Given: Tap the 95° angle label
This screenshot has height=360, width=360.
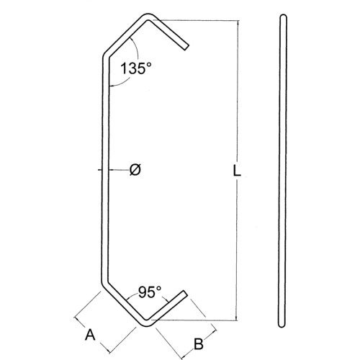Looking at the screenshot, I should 150,292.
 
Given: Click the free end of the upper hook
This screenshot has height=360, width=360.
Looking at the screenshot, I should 187,48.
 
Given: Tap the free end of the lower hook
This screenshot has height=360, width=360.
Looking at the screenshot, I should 186,292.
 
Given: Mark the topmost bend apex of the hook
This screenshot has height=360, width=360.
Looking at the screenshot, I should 149,16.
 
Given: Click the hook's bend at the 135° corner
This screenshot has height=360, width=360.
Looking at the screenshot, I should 104,55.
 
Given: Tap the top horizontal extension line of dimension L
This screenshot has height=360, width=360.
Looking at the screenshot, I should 194,19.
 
